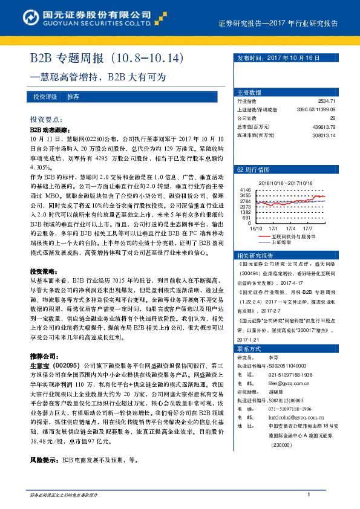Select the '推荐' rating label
pyautogui.click(x=73, y=97)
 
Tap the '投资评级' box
pyautogui.click(x=45, y=97)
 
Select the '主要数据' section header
pyautogui.click(x=249, y=92)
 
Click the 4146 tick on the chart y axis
pyautogui.click(x=245, y=190)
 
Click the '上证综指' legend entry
pyautogui.click(x=281, y=242)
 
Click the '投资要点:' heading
pyautogui.click(x=47, y=120)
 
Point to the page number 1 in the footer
pyautogui.click(x=309, y=495)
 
